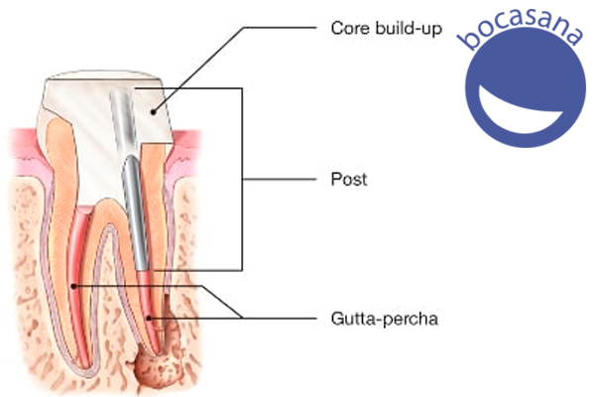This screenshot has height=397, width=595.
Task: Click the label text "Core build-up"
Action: coord(387,29)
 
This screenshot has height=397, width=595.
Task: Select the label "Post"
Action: coord(349,179)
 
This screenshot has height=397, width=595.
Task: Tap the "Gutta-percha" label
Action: coord(385,319)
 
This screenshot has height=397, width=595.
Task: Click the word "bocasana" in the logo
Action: coord(521,27)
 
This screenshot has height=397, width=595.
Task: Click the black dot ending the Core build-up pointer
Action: coord(153,112)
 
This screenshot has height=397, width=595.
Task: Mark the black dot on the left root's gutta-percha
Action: coord(74,286)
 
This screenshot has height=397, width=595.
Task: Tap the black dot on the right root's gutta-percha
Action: coord(149,318)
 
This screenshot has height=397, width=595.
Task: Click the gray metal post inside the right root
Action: coord(135,212)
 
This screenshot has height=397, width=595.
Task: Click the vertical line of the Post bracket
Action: coord(242,180)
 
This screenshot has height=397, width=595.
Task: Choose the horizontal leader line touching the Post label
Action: coord(279,179)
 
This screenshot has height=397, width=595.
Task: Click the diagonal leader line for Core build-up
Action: coord(198,69)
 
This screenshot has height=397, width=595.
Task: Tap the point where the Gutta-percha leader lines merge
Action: coord(242,318)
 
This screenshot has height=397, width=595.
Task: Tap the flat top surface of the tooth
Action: coord(102,74)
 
